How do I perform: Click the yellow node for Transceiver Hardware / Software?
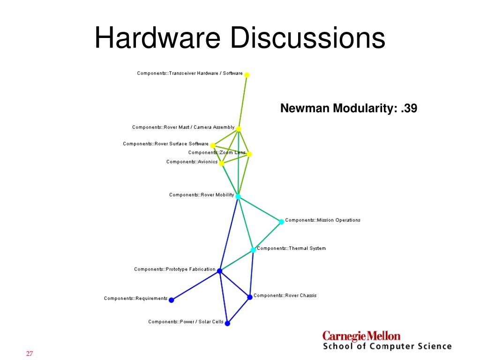click(x=247, y=75)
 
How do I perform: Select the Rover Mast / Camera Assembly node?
click(x=239, y=129)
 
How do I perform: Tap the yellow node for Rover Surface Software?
click(x=213, y=145)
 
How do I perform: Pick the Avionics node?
click(x=221, y=164)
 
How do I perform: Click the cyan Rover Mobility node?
click(x=238, y=196)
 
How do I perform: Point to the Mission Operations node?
click(x=281, y=222)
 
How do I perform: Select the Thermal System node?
click(x=253, y=250)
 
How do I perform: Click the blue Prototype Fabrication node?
click(x=219, y=270)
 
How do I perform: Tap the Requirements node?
click(x=171, y=300)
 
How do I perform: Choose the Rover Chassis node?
click(x=250, y=297)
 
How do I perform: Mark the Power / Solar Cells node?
click(x=227, y=323)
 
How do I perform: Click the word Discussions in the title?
click(x=307, y=38)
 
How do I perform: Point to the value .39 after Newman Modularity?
click(x=409, y=109)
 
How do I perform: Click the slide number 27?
click(x=29, y=354)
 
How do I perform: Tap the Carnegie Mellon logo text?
click(x=361, y=336)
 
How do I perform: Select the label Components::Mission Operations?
click(x=322, y=220)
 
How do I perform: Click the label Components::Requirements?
click(x=135, y=299)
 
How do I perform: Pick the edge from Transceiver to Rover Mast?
click(x=243, y=102)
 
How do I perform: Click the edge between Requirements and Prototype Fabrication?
click(x=195, y=285)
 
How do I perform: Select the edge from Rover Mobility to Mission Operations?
click(x=260, y=209)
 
